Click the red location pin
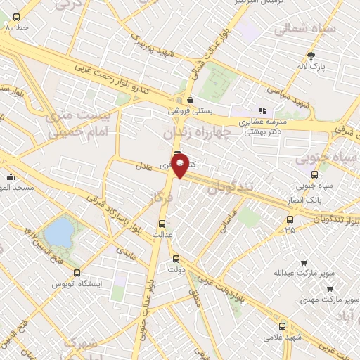[x=180, y=165]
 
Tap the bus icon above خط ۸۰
[x=16, y=16]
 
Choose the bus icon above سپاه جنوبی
[x=314, y=175]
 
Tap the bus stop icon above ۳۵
[x=290, y=219]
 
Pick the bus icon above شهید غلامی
[x=283, y=326]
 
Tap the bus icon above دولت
[x=176, y=258]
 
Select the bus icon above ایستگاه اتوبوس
[x=77, y=273]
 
